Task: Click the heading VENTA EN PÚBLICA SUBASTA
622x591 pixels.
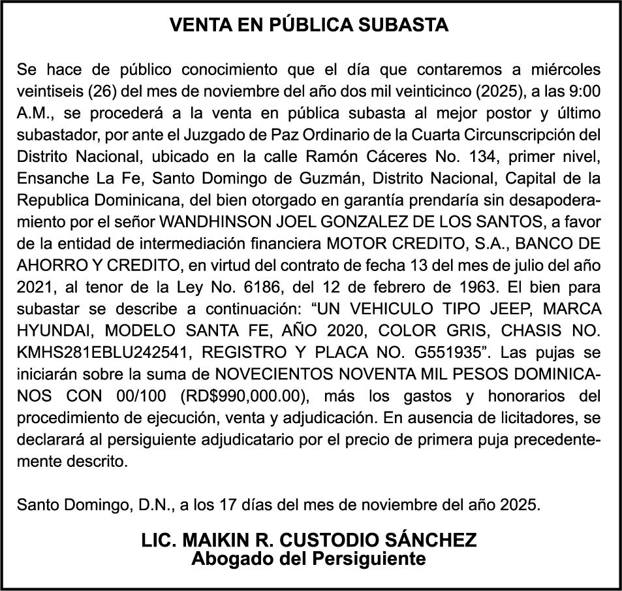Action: (x=309, y=25)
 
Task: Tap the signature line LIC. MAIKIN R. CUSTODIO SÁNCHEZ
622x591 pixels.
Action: (x=309, y=541)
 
